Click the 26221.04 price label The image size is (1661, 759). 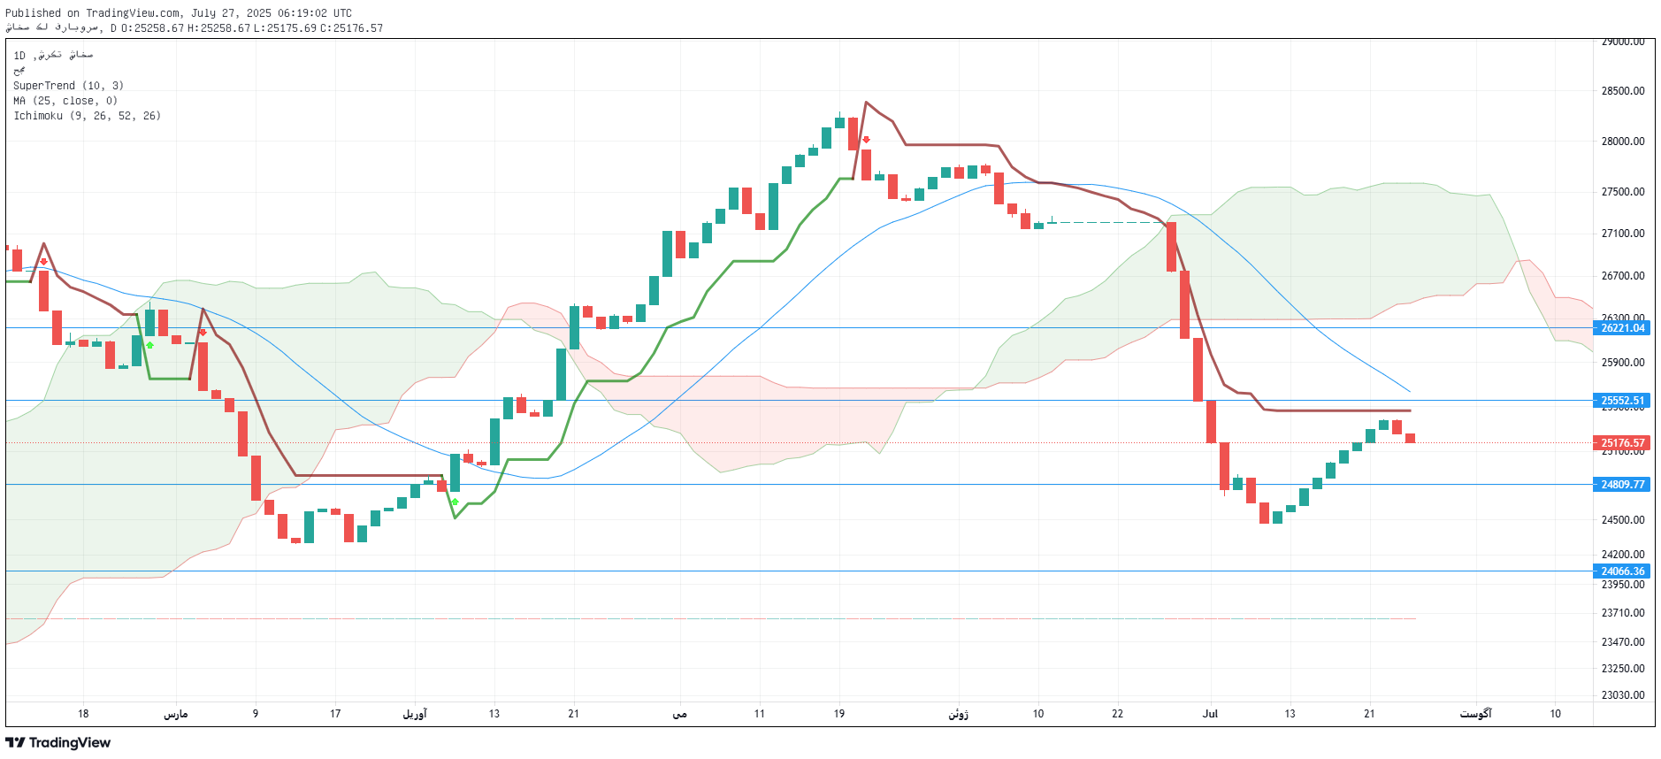tap(1622, 328)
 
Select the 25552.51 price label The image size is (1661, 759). tap(1622, 401)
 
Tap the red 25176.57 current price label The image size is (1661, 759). tap(1622, 443)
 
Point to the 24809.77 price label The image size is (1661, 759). tap(1622, 485)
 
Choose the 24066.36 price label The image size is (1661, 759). tap(1622, 571)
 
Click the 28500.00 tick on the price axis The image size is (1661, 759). tap(1622, 91)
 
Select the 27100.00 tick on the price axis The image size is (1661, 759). tap(1622, 234)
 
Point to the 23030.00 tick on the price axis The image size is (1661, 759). tap(1622, 695)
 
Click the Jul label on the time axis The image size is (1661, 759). tap(1210, 714)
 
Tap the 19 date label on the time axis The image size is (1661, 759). tap(838, 714)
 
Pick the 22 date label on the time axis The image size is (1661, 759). tap(1117, 714)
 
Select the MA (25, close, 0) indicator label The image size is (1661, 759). tap(65, 101)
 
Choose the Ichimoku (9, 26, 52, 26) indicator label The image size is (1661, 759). tap(87, 116)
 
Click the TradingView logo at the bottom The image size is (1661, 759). tap(58, 743)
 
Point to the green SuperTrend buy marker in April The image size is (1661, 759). tap(455, 502)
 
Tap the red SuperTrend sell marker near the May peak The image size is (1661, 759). tap(866, 140)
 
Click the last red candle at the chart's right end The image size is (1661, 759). tap(1410, 438)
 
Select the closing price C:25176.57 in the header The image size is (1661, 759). tap(351, 28)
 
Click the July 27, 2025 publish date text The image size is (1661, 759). tap(232, 13)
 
